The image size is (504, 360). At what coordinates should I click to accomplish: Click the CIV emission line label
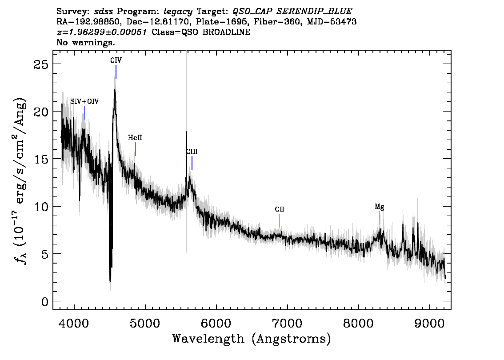click(x=116, y=60)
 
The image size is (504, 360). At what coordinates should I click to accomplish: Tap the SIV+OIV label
click(x=84, y=102)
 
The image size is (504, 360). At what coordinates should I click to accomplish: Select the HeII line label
click(x=135, y=138)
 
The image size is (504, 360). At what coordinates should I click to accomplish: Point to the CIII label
click(x=192, y=152)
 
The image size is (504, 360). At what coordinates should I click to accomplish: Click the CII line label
click(x=280, y=209)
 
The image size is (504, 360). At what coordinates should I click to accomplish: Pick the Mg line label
click(x=380, y=207)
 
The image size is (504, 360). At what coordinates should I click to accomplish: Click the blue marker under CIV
click(x=116, y=72)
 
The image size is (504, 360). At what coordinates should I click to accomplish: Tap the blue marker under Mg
click(x=380, y=218)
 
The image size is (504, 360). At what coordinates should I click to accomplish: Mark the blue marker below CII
click(x=280, y=220)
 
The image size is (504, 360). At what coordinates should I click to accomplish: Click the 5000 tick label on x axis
click(x=145, y=324)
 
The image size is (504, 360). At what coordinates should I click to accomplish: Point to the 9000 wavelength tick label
click(x=429, y=324)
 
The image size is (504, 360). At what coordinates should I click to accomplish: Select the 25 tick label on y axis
click(x=41, y=64)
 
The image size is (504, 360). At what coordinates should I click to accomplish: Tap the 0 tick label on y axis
click(x=45, y=302)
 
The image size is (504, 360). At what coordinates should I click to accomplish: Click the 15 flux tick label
click(x=41, y=159)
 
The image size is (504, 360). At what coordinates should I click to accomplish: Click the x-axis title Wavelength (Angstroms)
click(x=252, y=339)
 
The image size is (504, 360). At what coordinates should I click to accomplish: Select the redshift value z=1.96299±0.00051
click(x=102, y=32)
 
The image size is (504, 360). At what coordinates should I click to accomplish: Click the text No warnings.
click(x=85, y=42)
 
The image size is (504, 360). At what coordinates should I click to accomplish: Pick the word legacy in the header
click(x=178, y=12)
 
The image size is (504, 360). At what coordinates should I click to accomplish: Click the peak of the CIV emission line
click(x=114, y=89)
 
